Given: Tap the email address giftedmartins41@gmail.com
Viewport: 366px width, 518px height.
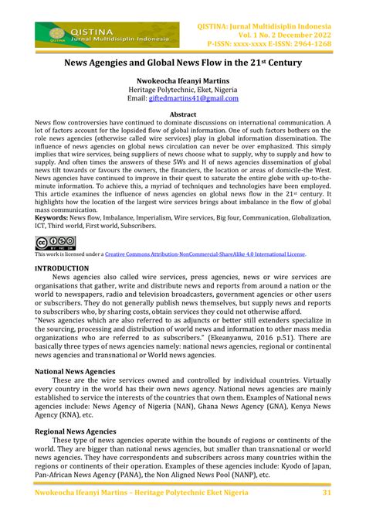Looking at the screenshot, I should point(193,99).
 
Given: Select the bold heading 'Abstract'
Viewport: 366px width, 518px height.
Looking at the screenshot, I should point(183,114).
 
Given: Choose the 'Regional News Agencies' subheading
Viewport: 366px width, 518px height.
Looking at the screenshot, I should point(76,431).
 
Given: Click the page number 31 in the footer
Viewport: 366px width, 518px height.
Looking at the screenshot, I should point(327,492).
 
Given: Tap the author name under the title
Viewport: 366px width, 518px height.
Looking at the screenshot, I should point(183,80).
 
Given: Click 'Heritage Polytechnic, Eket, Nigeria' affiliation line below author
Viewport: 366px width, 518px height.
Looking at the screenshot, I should point(183,90).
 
